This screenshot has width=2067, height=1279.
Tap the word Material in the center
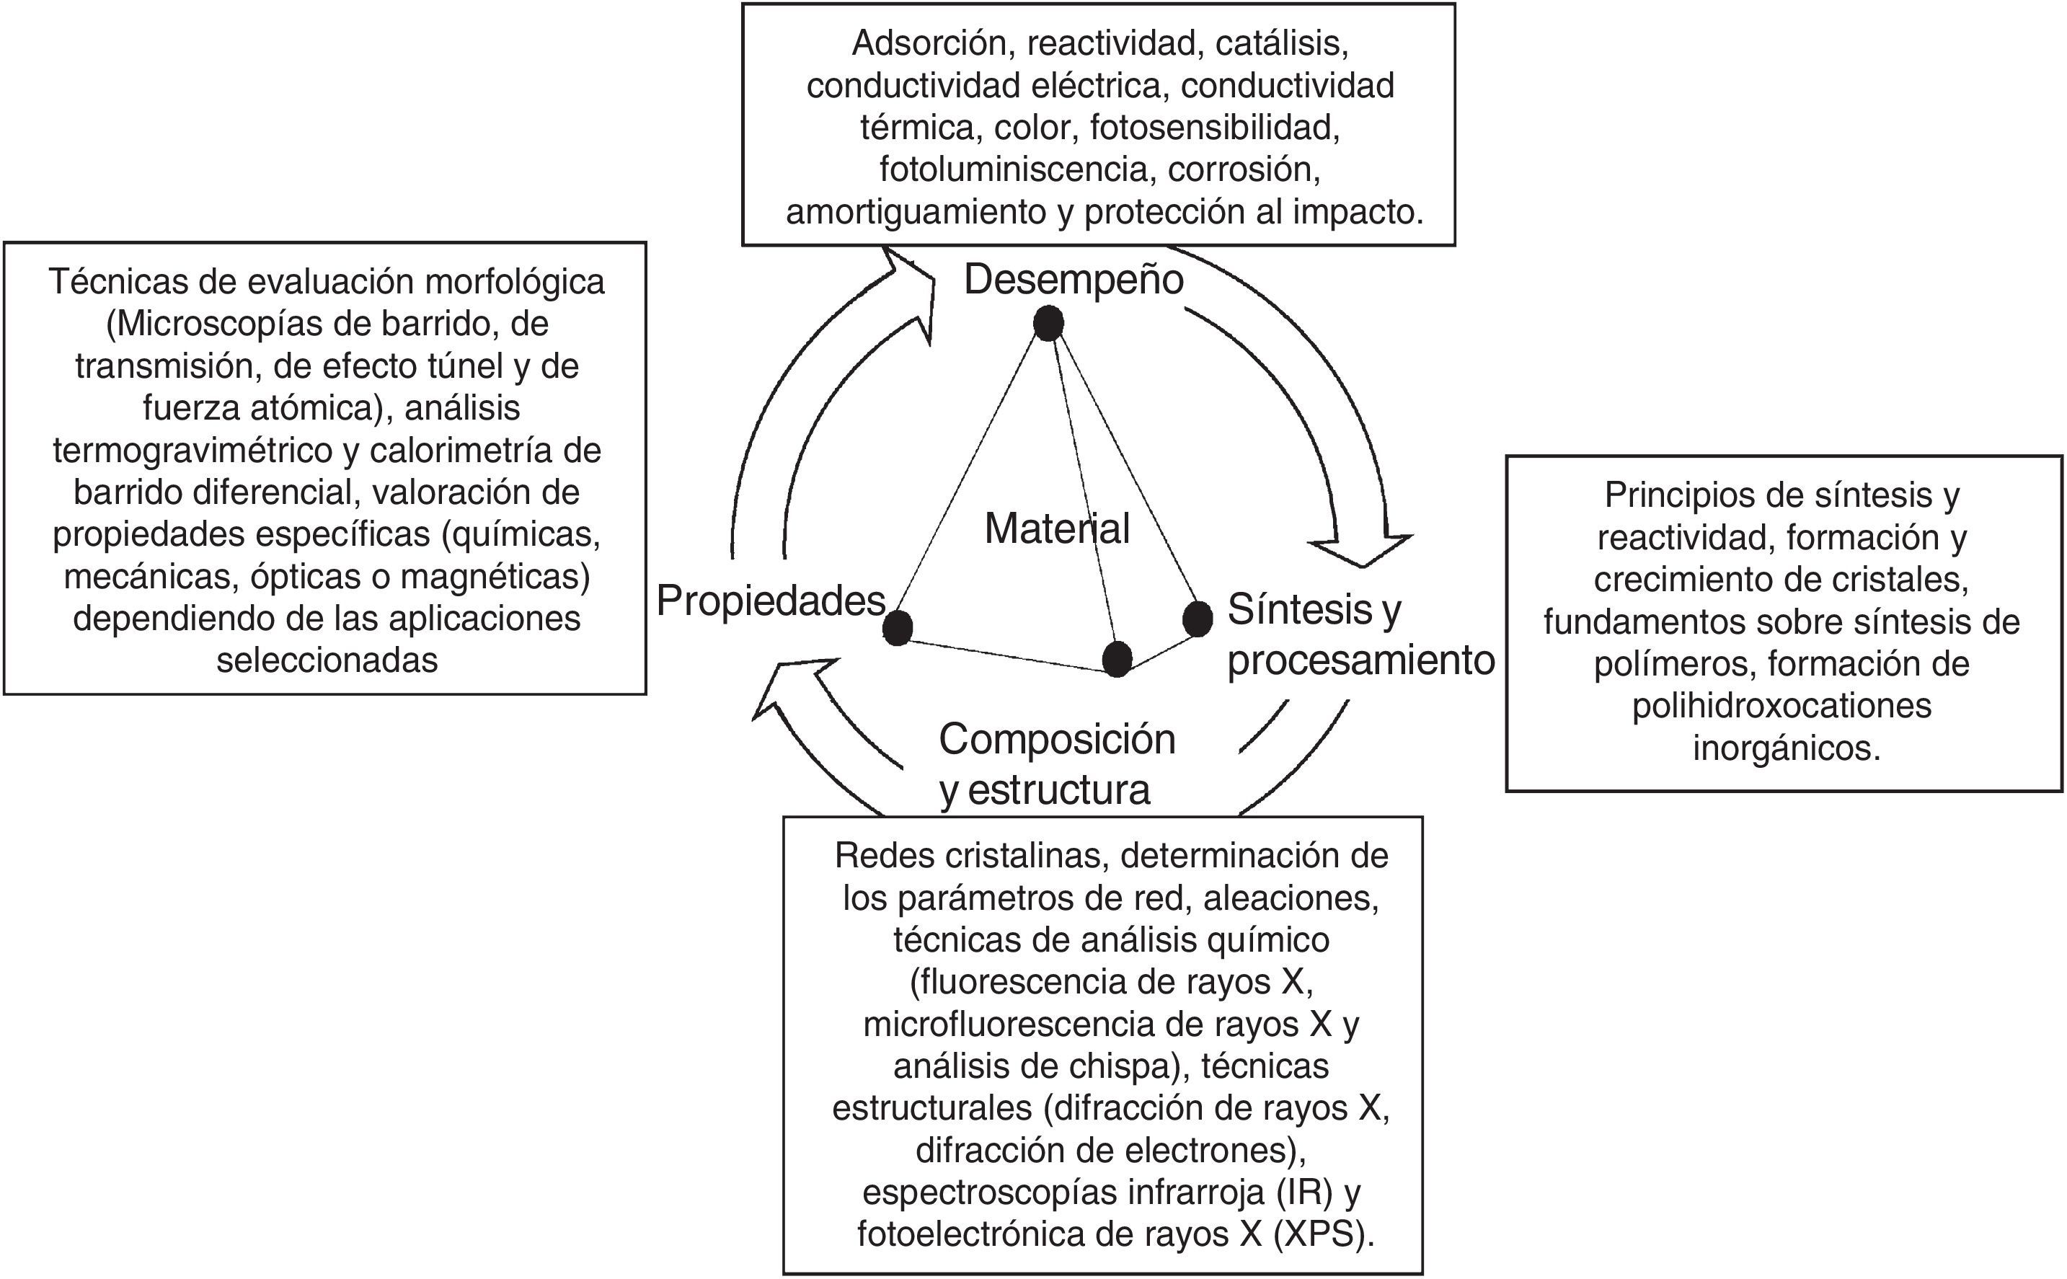1056,529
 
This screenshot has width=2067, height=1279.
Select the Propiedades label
771,601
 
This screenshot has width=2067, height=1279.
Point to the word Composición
1056,739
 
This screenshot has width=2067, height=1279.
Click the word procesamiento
1360,660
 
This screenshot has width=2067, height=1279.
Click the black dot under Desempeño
1048,324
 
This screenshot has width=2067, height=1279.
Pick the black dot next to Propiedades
898,628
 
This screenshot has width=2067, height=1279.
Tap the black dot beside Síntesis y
1197,619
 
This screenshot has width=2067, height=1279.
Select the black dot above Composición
1116,658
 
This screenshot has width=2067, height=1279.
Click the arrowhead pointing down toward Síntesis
1362,550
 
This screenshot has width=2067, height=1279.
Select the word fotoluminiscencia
1013,170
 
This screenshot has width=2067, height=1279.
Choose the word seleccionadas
327,660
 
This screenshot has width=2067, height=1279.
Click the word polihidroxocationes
1781,707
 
